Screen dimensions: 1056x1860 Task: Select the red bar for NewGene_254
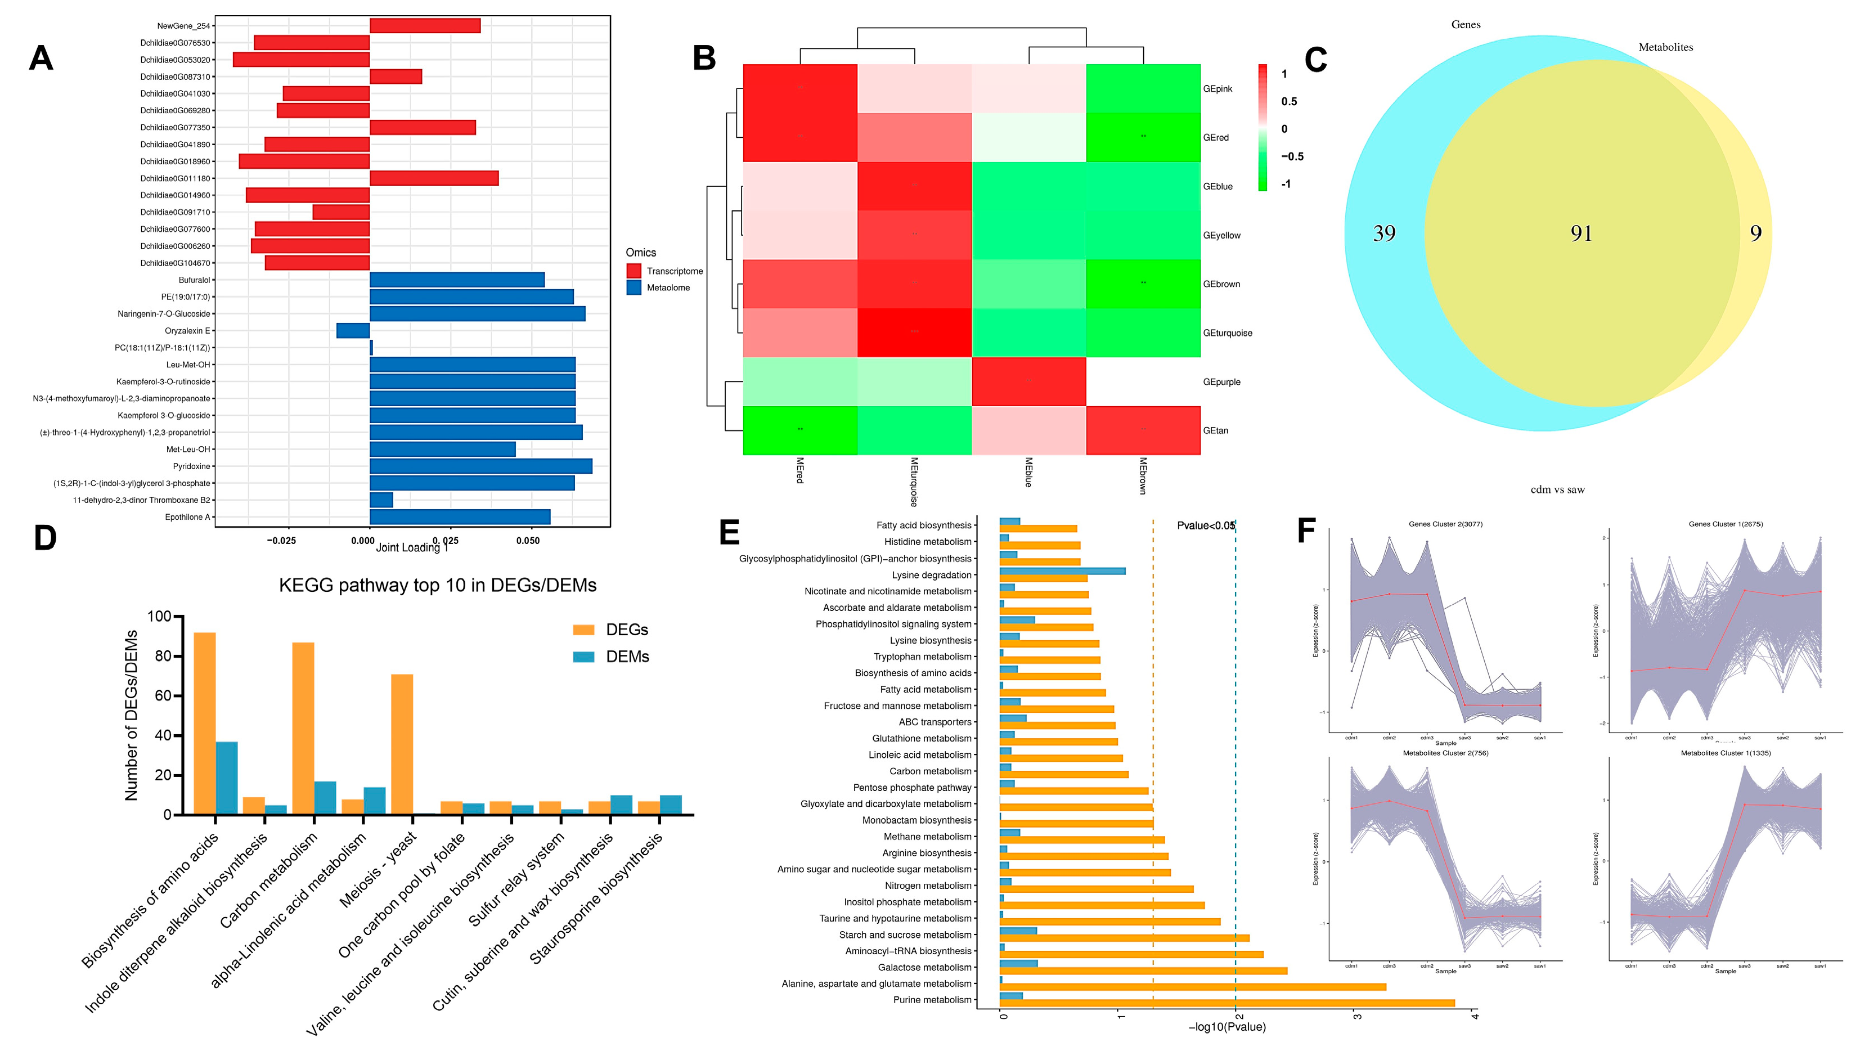point(424,26)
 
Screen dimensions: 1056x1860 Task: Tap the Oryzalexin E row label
point(187,331)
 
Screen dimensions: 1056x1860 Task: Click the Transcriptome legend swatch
point(634,271)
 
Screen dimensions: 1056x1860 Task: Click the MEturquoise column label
point(914,481)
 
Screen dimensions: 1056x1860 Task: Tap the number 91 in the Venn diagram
point(1581,233)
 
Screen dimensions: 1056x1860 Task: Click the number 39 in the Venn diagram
point(1383,233)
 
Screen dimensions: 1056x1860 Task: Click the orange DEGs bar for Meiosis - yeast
point(402,744)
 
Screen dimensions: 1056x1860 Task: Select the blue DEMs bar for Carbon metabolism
point(325,798)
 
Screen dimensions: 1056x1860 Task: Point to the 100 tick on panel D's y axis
point(159,617)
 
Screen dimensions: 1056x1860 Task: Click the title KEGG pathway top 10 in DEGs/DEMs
point(437,585)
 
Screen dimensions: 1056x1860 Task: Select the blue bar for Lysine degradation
point(1062,572)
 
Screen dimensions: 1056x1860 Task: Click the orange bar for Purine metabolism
point(1226,1003)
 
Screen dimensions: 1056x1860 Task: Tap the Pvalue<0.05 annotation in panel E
point(1205,526)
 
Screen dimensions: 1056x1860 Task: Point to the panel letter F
point(1306,531)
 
